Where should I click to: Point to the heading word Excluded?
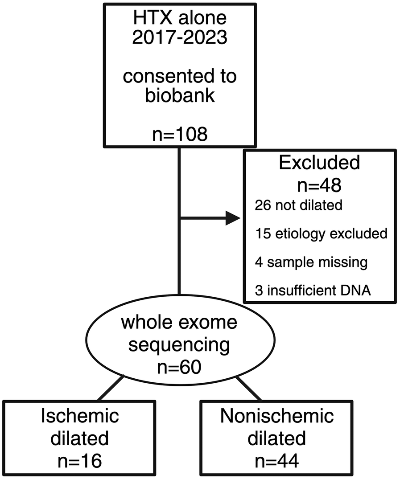click(319, 163)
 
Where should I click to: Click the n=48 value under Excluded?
click(319, 184)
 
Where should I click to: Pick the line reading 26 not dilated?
click(299, 206)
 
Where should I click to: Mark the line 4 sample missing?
click(311, 262)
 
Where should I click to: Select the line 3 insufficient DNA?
click(313, 291)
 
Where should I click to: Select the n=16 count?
click(80, 461)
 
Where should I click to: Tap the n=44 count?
click(276, 461)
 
